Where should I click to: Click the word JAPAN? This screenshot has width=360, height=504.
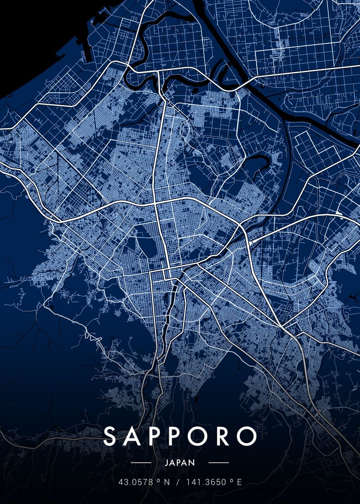point(180,463)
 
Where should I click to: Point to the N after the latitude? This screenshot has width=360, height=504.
point(167,482)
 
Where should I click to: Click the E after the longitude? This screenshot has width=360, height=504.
point(240,482)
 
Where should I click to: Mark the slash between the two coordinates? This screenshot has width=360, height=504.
point(178,482)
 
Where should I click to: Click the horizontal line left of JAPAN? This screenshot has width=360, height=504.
point(141,463)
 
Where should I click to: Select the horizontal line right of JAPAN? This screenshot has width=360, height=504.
point(218,463)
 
